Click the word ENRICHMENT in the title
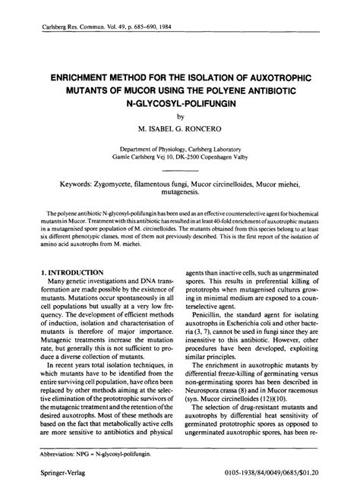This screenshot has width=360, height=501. [86, 79]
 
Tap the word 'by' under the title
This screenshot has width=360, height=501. [180, 118]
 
